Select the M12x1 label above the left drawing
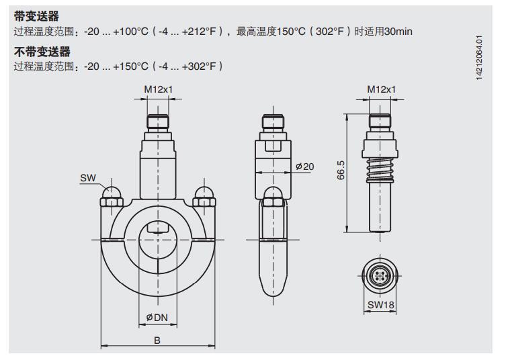coord(157,89)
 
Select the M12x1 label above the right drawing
coord(381,89)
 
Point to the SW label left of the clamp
coord(87,178)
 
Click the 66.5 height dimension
coord(342,171)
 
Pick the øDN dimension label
coord(157,317)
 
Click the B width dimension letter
coord(157,341)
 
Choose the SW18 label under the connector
coord(381,306)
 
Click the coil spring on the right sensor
coord(381,170)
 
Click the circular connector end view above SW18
coord(381,275)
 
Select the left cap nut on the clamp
coord(110,195)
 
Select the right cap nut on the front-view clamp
coord(204,195)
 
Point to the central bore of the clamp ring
coord(157,240)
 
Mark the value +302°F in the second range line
coord(201,66)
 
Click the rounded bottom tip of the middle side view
coord(273,290)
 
